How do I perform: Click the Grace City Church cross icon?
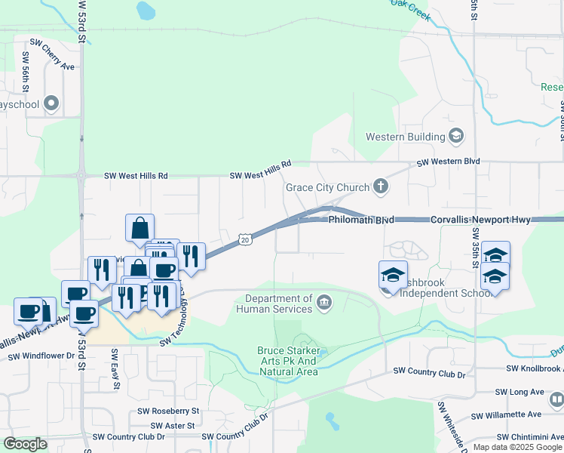coord(382,187)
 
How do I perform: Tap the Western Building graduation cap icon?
coord(455,137)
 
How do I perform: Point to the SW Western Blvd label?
coord(448,162)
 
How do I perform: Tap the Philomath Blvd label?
coord(361,220)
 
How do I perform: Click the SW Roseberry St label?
coord(168,411)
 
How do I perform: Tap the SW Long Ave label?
coord(520,393)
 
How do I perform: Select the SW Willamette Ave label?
coord(506,415)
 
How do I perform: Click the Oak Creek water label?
coord(415,4)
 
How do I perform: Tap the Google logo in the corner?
coord(25,444)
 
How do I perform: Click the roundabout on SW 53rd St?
coord(81,175)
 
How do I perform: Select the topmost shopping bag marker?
coord(140,228)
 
